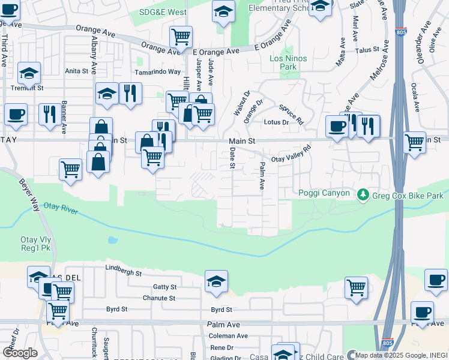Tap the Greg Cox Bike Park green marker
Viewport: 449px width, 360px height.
click(x=363, y=195)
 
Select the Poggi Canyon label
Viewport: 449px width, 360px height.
click(x=324, y=193)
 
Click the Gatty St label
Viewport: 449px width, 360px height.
click(x=165, y=287)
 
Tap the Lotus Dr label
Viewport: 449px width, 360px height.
click(x=276, y=122)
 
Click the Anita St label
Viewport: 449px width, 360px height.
click(x=76, y=71)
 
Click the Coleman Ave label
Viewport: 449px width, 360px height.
click(x=228, y=336)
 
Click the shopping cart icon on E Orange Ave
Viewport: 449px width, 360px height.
click(x=181, y=37)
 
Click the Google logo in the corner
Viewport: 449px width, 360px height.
click(x=20, y=353)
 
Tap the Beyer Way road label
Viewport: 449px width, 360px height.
click(x=27, y=192)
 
